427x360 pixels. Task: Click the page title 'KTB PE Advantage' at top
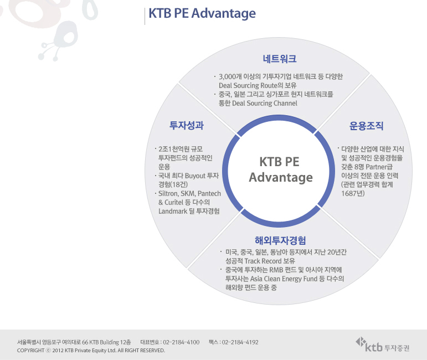tap(202, 13)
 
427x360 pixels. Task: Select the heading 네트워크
tap(279, 59)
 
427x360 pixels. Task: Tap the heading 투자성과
tap(187, 125)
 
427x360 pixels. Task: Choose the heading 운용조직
tap(366, 126)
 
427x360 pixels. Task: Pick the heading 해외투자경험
tap(280, 240)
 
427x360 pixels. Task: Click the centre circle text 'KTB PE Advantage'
tap(280, 169)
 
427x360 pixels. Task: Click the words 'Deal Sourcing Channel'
tap(264, 103)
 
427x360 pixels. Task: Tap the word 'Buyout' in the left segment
tap(195, 176)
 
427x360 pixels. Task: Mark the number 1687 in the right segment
tap(348, 193)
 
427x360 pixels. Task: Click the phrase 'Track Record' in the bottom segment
tap(263, 261)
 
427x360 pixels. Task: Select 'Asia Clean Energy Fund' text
tap(284, 279)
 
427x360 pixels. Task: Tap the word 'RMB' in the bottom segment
tap(276, 270)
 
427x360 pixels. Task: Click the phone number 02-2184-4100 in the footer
tap(181, 342)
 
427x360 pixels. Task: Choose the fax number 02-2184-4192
tap(240, 342)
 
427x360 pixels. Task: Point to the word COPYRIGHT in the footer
tap(30, 351)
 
